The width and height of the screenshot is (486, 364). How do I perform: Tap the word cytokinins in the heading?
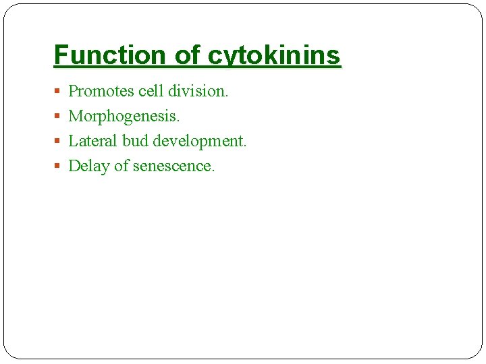[x=274, y=55]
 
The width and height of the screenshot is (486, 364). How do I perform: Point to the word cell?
[x=151, y=91]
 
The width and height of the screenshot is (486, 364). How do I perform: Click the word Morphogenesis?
[x=124, y=116]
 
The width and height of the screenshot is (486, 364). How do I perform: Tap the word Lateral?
[x=93, y=141]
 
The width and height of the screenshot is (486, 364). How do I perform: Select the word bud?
[x=135, y=141]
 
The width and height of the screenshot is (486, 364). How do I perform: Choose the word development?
[x=200, y=141]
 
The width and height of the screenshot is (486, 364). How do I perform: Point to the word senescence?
[x=173, y=166]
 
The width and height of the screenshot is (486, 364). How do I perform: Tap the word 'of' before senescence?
[x=122, y=166]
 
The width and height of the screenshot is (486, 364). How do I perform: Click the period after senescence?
[x=213, y=171]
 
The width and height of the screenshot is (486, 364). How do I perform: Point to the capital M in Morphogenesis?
[x=76, y=116]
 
